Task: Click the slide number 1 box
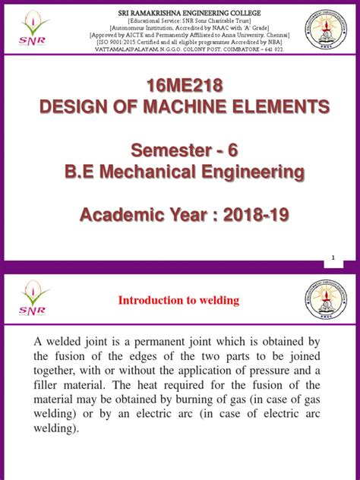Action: click(x=333, y=261)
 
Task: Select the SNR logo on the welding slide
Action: click(x=33, y=298)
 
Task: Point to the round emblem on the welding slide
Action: click(x=330, y=298)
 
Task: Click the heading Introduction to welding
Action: click(x=178, y=301)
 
